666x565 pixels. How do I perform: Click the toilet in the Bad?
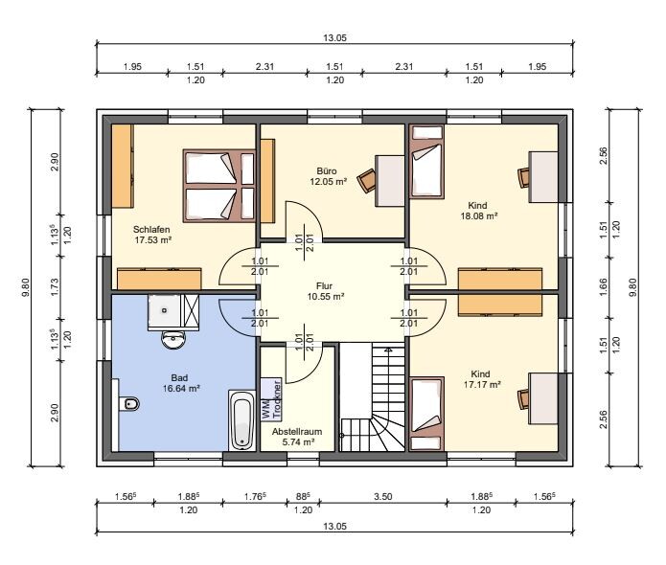129,404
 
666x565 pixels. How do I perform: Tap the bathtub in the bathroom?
241,420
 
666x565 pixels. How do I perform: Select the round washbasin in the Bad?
173,340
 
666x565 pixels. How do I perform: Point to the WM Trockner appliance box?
271,399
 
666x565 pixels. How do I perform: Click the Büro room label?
327,171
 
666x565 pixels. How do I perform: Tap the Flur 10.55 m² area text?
326,291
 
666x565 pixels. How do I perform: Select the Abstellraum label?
297,432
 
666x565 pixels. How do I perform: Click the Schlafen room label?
151,229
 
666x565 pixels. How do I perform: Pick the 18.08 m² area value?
479,216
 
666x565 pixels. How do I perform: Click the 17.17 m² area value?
482,385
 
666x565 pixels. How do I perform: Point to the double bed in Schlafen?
219,186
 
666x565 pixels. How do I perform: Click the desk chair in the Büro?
367,180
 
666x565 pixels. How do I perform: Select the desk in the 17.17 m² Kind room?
542,398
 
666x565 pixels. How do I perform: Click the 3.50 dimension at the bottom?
382,497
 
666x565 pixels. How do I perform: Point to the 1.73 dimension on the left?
54,287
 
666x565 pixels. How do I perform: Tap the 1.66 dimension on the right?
603,287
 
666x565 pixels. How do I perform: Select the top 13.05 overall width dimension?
334,37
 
